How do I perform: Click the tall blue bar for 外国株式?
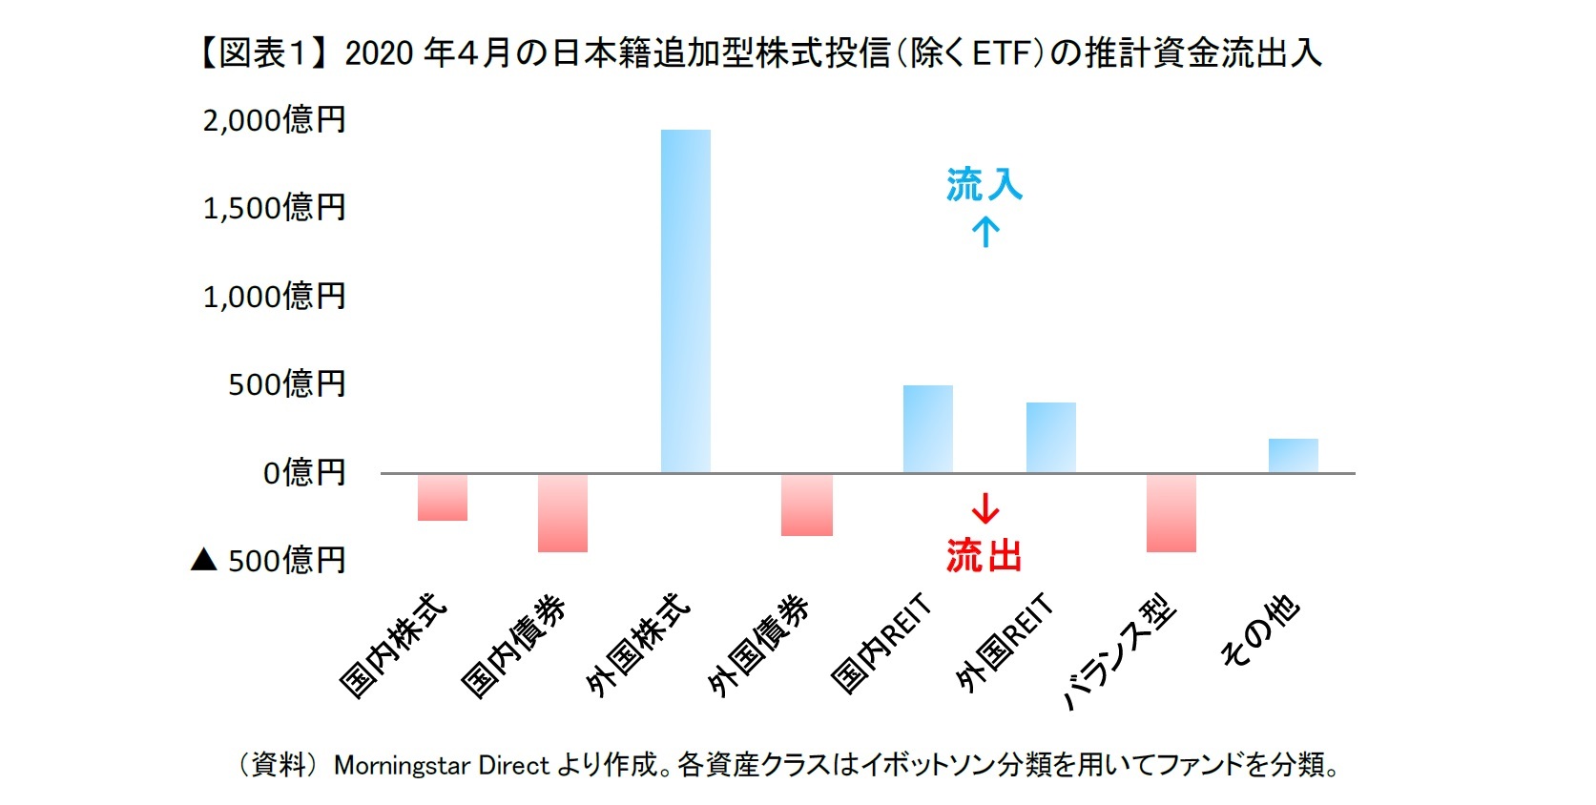[x=685, y=300]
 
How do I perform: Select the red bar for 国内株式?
[x=443, y=497]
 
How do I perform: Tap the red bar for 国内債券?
[x=563, y=513]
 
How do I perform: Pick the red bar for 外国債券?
[x=806, y=505]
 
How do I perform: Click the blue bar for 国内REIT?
[x=927, y=429]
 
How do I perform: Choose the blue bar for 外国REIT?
[x=1050, y=438]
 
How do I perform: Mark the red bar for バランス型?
[x=1171, y=513]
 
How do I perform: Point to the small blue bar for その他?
[x=1293, y=455]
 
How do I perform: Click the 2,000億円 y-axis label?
[x=274, y=120]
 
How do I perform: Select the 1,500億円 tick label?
[x=274, y=208]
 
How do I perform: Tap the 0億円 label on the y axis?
[x=303, y=472]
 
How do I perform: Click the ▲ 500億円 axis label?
[x=269, y=560]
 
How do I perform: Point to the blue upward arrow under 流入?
[x=985, y=232]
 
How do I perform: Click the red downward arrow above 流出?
[x=985, y=507]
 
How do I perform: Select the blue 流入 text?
[x=984, y=185]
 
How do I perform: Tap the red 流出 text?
[x=984, y=555]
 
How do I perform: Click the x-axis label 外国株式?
[x=637, y=646]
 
